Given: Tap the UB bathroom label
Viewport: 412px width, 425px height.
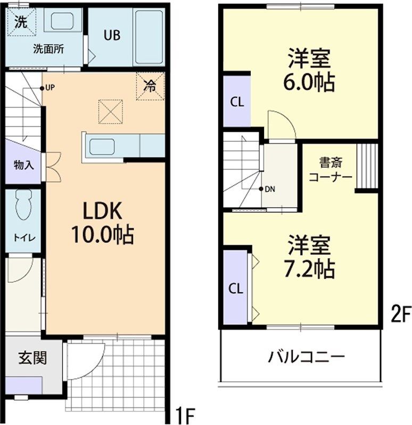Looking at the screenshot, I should click(x=112, y=36).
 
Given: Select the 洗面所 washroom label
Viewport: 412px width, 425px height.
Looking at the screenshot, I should click(x=48, y=49).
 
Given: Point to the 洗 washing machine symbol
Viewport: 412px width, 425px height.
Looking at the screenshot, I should click(x=20, y=22).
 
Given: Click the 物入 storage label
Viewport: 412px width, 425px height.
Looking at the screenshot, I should click(x=23, y=165).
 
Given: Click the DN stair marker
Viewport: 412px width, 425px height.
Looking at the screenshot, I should click(x=270, y=189).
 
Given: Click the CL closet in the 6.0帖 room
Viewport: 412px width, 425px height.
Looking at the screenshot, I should click(x=237, y=102).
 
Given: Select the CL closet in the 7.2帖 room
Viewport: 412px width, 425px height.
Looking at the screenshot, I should click(x=236, y=288).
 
